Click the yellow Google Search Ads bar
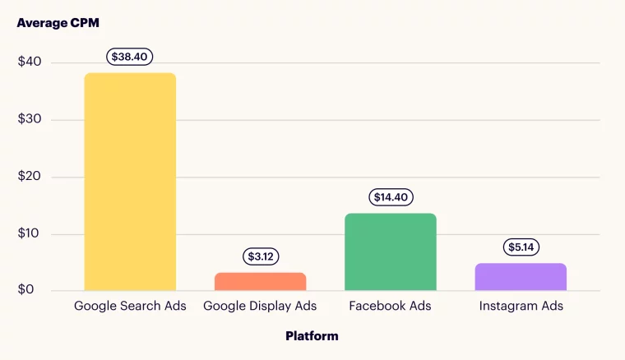(130, 182)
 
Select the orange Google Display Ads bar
(260, 281)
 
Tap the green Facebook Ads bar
(390, 252)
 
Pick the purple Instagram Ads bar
(521, 277)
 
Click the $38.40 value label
(130, 57)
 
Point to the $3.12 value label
(260, 256)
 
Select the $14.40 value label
(390, 197)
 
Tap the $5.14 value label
(521, 247)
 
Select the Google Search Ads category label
(130, 307)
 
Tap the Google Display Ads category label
(260, 307)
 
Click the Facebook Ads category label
(390, 307)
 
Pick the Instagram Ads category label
(521, 307)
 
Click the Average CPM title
(58, 23)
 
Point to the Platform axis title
(312, 335)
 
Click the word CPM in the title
(85, 23)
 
